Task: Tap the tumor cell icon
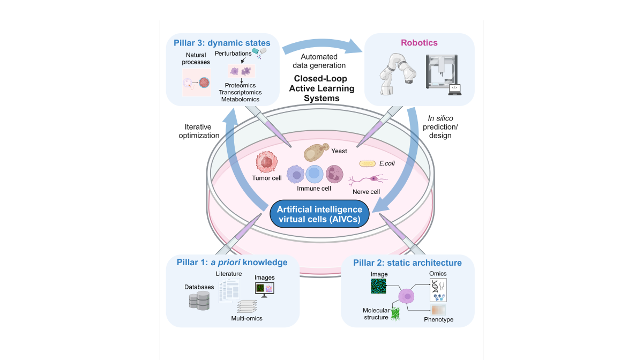[x=266, y=162]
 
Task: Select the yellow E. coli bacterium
[x=368, y=163]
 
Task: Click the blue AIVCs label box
[x=316, y=214]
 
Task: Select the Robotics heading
[x=420, y=43]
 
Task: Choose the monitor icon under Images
[x=264, y=289]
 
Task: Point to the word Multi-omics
[x=246, y=318]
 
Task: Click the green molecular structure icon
[x=397, y=314]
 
